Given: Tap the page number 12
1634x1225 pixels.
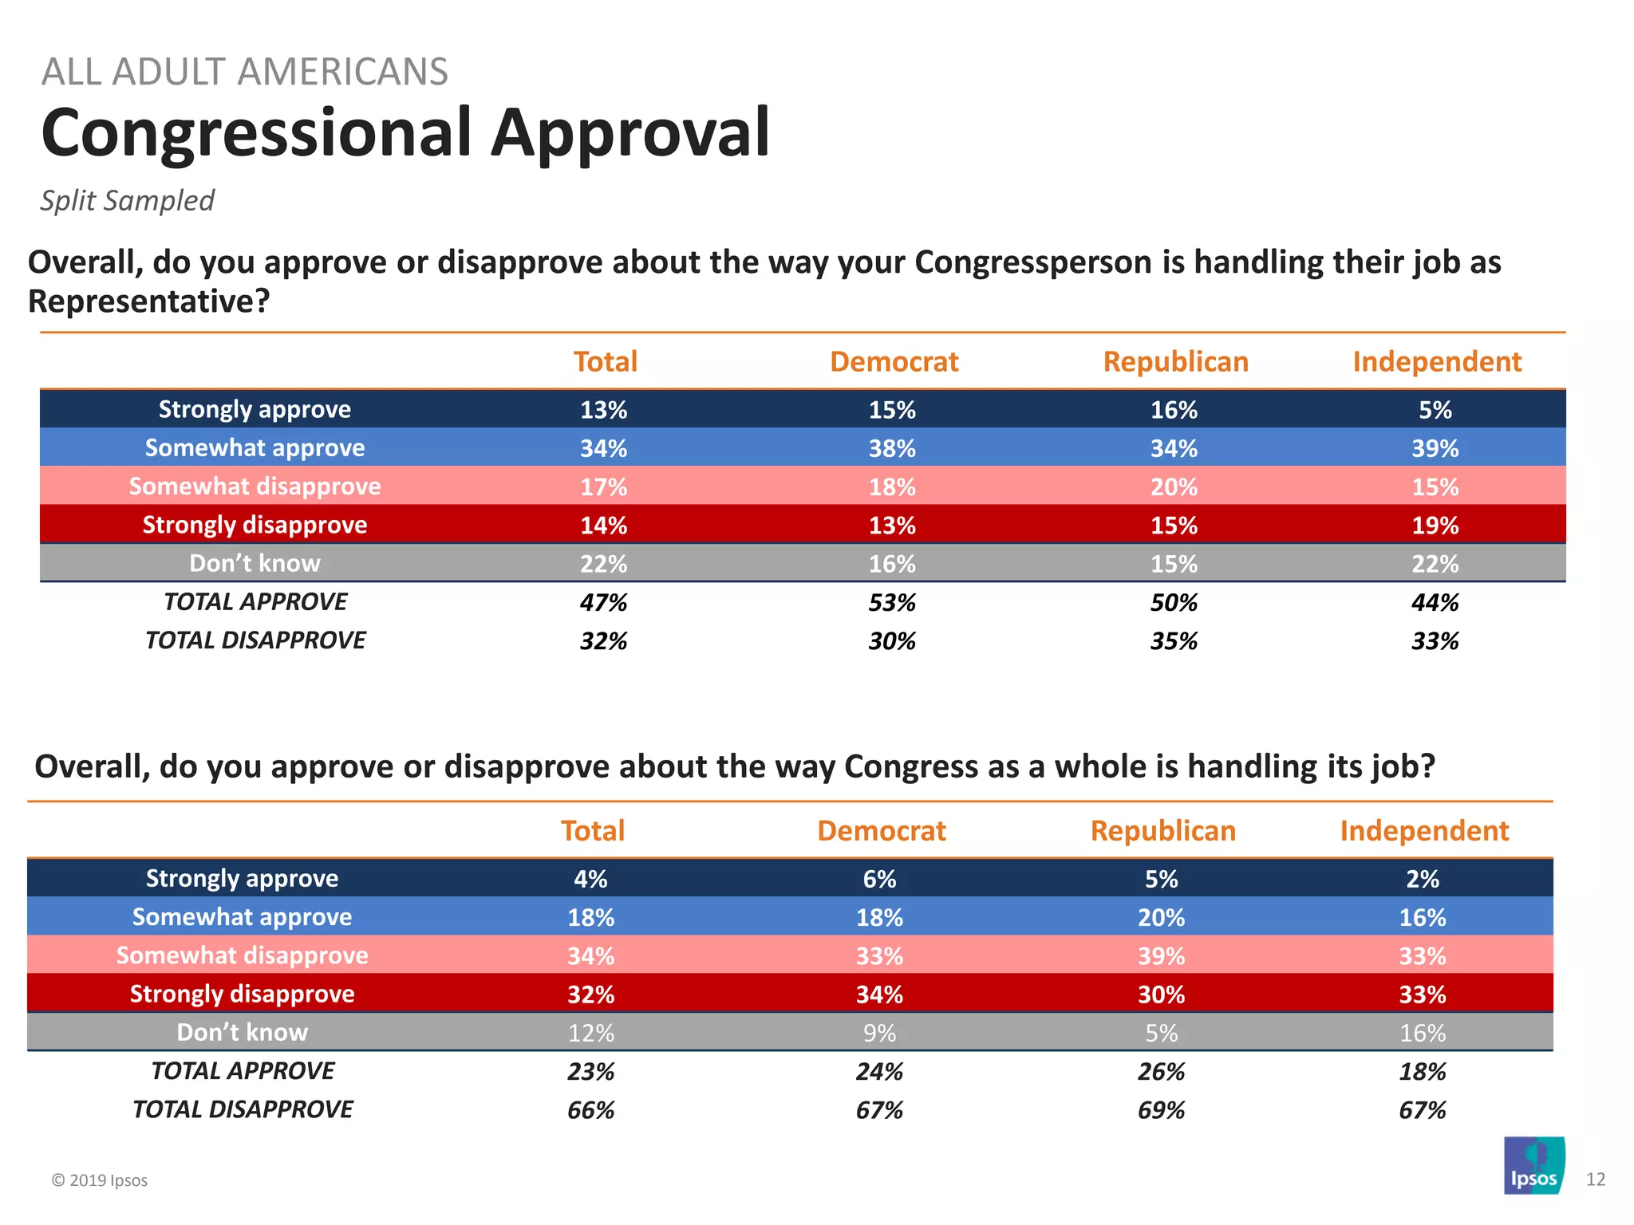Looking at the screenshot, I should pyautogui.click(x=1595, y=1180).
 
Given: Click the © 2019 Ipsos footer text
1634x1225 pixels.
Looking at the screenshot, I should pyautogui.click(x=100, y=1180).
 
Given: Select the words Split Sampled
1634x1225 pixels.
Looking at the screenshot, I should pyautogui.click(x=128, y=200).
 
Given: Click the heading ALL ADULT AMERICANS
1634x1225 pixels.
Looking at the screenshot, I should pyautogui.click(x=244, y=72).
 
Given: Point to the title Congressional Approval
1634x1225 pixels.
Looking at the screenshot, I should pyautogui.click(x=405, y=132).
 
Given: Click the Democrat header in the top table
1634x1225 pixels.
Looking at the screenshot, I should pyautogui.click(x=894, y=361).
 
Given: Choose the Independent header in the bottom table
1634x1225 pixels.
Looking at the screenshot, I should pyautogui.click(x=1424, y=830).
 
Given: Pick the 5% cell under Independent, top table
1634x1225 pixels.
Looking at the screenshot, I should pyautogui.click(x=1435, y=410).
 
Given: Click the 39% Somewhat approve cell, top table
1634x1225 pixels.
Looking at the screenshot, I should pyautogui.click(x=1435, y=448).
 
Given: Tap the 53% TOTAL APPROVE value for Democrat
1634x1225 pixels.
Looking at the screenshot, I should pyautogui.click(x=892, y=602).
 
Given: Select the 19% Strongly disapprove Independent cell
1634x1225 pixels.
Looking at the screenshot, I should pyautogui.click(x=1435, y=526).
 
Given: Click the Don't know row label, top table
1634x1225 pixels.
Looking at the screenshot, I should pyautogui.click(x=255, y=563).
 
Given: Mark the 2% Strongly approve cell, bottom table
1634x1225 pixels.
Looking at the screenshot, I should pyautogui.click(x=1423, y=879).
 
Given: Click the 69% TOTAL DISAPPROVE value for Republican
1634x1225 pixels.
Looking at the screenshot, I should pyautogui.click(x=1161, y=1110).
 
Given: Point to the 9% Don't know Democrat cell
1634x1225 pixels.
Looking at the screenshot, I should pyautogui.click(x=879, y=1033).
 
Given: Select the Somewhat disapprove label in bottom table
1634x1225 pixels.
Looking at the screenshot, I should pyautogui.click(x=242, y=955).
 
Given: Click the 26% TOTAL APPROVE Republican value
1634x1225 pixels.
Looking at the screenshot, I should pyautogui.click(x=1161, y=1071).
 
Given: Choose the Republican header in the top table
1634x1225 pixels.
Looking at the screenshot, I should pyautogui.click(x=1175, y=361).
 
